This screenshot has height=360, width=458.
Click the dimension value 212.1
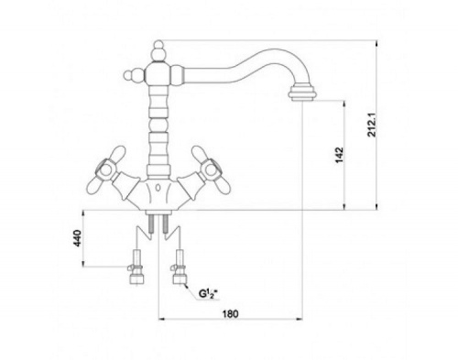coord(372,125)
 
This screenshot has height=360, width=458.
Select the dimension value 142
coord(340,155)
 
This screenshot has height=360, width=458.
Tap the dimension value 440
coord(78,238)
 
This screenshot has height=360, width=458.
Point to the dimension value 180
coord(231,314)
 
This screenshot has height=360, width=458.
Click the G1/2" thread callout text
coord(210,294)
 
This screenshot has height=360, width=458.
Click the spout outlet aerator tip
coord(302,93)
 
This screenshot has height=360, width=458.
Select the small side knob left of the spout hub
coord(133,75)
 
